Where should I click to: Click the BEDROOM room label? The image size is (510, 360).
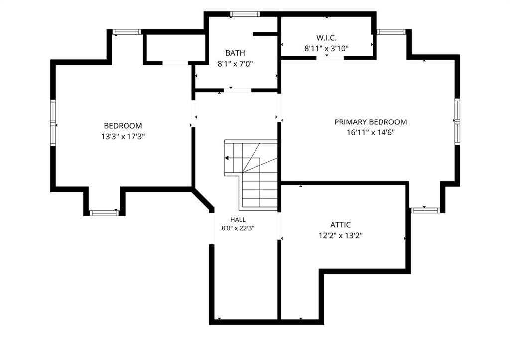123,126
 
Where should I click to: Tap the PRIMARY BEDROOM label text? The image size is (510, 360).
371,122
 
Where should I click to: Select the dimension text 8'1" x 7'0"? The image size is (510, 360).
235,64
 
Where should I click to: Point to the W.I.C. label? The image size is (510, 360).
326,38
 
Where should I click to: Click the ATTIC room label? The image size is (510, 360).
340,225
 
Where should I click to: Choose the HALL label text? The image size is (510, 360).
238,220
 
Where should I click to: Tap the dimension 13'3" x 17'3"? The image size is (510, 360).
123,136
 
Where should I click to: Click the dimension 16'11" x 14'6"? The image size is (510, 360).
371,132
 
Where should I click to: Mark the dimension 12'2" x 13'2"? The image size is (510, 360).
340,235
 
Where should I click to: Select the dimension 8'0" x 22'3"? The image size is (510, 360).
238,228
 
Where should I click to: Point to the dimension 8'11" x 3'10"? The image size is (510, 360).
326,48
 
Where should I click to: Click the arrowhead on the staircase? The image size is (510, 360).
227,158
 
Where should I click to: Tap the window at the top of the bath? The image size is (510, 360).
245,14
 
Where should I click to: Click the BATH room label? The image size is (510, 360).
235,53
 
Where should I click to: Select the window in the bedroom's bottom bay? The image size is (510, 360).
104,213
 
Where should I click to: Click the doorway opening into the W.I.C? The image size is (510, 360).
331,58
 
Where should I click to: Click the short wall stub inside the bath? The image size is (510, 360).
265,34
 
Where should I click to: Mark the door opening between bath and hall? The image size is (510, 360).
238,90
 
